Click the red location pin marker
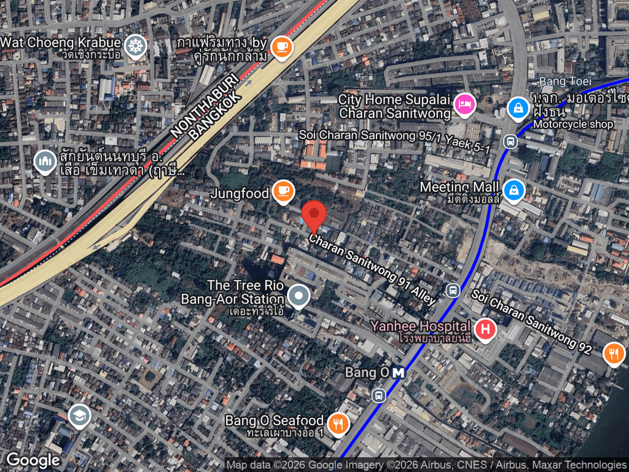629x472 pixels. (x=314, y=215)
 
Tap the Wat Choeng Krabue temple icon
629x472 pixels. (x=135, y=45)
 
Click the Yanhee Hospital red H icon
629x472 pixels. (x=485, y=329)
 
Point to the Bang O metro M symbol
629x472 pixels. (x=399, y=372)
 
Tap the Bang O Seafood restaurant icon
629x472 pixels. (x=338, y=423)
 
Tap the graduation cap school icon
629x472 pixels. (x=79, y=416)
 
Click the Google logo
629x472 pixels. (x=33, y=460)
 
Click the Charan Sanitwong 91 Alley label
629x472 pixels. (x=372, y=269)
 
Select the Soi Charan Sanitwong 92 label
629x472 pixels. (x=531, y=321)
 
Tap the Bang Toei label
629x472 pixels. (x=557, y=82)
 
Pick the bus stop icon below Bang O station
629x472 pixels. (x=378, y=395)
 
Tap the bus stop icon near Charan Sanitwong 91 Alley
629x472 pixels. (x=453, y=290)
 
